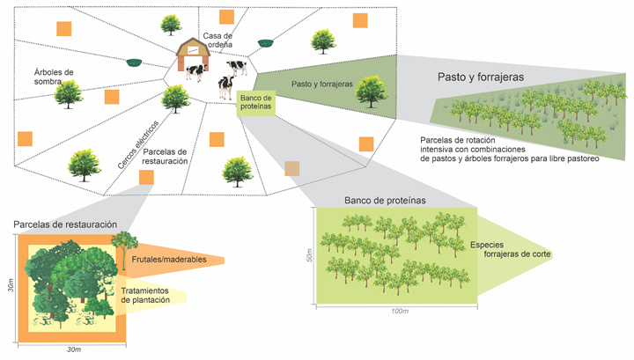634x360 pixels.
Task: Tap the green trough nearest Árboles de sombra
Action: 135,62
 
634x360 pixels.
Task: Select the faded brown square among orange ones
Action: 292,169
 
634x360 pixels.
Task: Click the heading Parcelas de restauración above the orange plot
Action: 65,225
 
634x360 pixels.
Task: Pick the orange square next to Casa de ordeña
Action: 226,17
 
